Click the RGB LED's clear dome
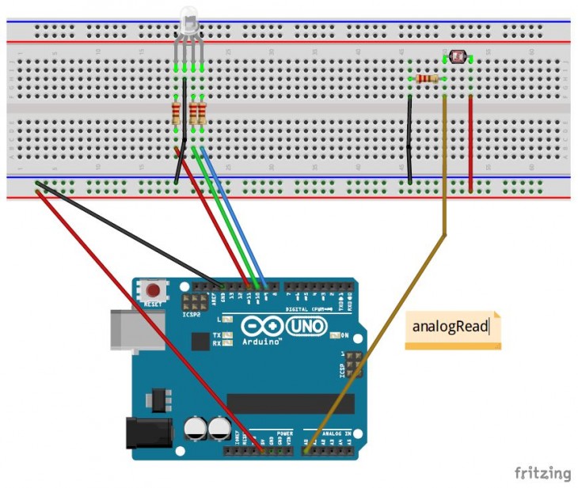click(188, 20)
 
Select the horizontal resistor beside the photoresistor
click(426, 78)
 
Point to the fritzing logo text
click(542, 474)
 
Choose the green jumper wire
click(225, 217)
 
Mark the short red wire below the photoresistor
click(471, 142)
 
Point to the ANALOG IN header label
click(335, 434)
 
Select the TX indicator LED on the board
click(228, 335)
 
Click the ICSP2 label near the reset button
click(192, 314)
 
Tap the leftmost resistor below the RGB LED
click(176, 113)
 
